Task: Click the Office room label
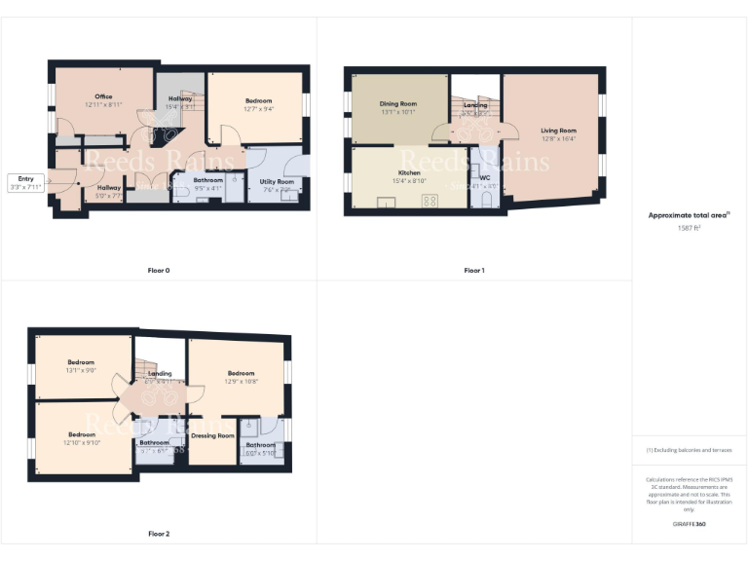(x=103, y=96)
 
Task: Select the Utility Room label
(x=278, y=181)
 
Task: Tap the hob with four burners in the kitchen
(x=429, y=202)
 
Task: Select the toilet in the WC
(x=487, y=200)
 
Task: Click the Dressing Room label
(x=213, y=435)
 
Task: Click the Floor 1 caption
(x=473, y=270)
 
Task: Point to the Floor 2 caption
(x=159, y=534)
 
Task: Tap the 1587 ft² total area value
(x=689, y=227)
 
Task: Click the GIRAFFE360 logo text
(x=689, y=524)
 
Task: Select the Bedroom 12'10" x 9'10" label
(x=82, y=434)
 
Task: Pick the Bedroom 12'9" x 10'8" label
(x=241, y=373)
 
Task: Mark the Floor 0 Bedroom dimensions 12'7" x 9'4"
(x=258, y=109)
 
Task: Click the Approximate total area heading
(x=689, y=215)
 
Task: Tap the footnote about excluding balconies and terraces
(x=689, y=450)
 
